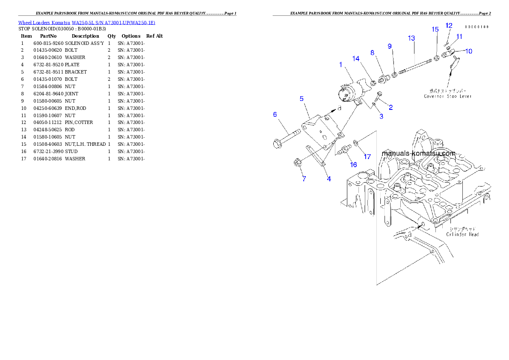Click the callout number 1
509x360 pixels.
coord(341,65)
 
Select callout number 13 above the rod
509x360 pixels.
coord(411,38)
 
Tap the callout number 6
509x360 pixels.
coord(275,114)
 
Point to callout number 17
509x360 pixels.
coord(367,156)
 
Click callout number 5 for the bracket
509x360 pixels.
coord(302,98)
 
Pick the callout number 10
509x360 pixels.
coord(469,51)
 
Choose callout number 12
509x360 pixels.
coord(449,26)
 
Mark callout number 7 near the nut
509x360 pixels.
coord(304,179)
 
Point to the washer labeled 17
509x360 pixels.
coord(356,142)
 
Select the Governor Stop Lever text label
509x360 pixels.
coord(448,93)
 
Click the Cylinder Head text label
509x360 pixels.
coord(462,232)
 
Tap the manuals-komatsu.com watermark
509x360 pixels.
coord(418,153)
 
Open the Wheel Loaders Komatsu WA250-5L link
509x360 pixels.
coord(86,22)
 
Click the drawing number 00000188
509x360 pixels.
coord(476,27)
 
